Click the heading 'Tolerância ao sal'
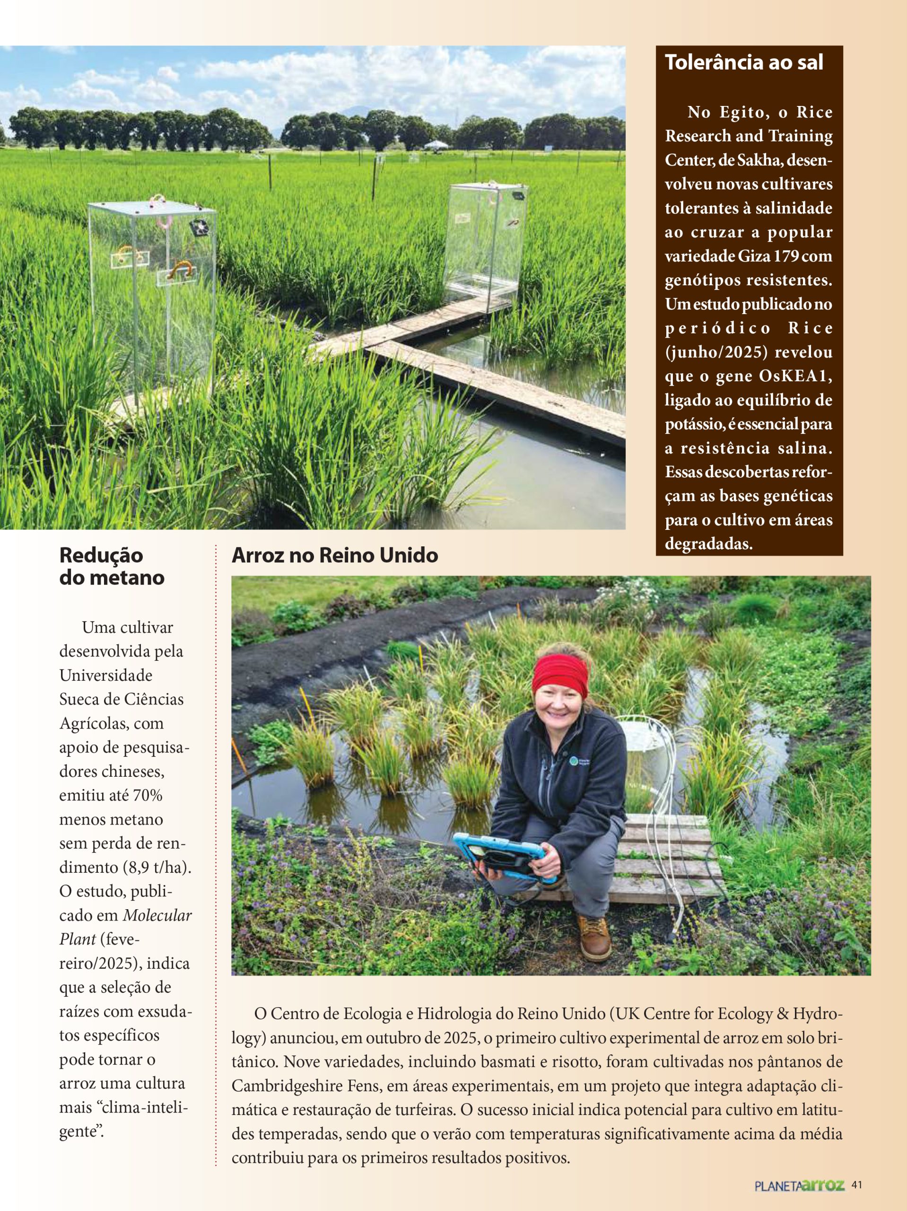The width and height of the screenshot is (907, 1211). pos(744,62)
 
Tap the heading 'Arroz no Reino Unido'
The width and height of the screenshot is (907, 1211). pos(334,555)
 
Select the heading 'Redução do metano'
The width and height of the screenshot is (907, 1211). pos(112,566)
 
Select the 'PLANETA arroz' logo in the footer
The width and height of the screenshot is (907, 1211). pos(799,1186)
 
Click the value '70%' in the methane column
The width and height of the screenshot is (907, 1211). pos(148,795)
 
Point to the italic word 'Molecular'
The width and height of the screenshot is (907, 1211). pos(157,915)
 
